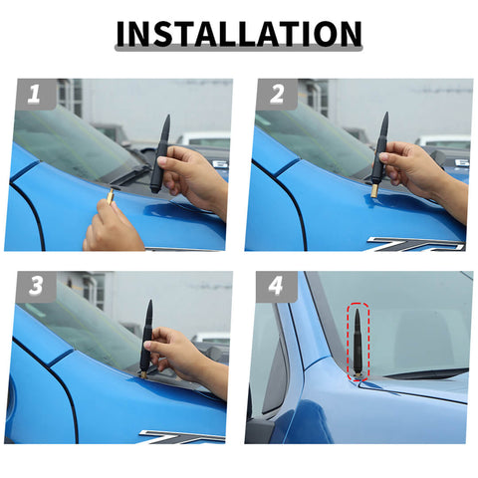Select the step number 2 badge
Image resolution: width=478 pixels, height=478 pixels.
pyautogui.click(x=276, y=96)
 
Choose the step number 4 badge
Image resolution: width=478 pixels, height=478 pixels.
pyautogui.click(x=276, y=288)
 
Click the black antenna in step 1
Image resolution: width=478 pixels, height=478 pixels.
pyautogui.click(x=160, y=154)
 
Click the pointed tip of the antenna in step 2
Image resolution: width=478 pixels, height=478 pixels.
pyautogui.click(x=386, y=116)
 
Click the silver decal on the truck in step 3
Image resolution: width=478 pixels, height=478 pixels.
pyautogui.click(x=179, y=436)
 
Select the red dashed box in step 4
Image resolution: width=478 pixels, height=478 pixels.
pyautogui.click(x=358, y=343)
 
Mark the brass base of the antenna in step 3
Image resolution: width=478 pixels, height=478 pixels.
pyautogui.click(x=142, y=375)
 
